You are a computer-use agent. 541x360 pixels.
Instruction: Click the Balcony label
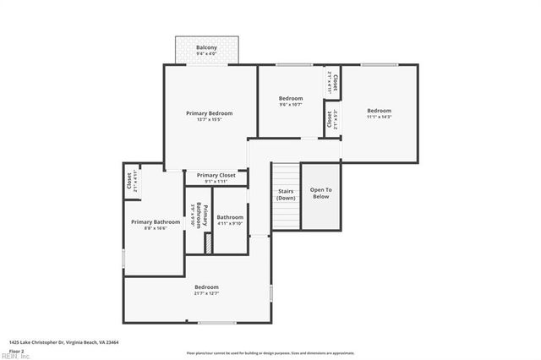tap(206, 47)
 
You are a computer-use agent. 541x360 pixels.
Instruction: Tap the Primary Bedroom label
tap(209, 112)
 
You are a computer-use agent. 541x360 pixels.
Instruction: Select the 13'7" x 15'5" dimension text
tap(209, 120)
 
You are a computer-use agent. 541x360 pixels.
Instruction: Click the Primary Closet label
tap(216, 175)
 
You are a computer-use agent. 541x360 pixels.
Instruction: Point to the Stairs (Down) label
tap(286, 194)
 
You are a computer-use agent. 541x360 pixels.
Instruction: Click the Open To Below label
tap(320, 193)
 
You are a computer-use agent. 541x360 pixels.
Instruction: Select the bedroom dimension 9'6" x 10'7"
tap(291, 106)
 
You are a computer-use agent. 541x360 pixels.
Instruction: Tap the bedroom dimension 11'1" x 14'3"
tap(379, 117)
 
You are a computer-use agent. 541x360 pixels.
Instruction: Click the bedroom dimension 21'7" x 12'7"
tap(207, 293)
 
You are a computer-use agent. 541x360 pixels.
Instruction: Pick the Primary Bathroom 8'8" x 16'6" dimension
tap(155, 228)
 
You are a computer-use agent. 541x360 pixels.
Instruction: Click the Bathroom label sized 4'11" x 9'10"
tap(229, 217)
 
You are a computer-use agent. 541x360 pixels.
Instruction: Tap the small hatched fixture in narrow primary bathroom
tap(206, 242)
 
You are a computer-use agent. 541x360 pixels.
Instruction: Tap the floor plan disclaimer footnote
tap(270, 352)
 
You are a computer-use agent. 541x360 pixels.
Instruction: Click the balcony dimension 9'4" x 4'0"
tap(206, 55)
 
